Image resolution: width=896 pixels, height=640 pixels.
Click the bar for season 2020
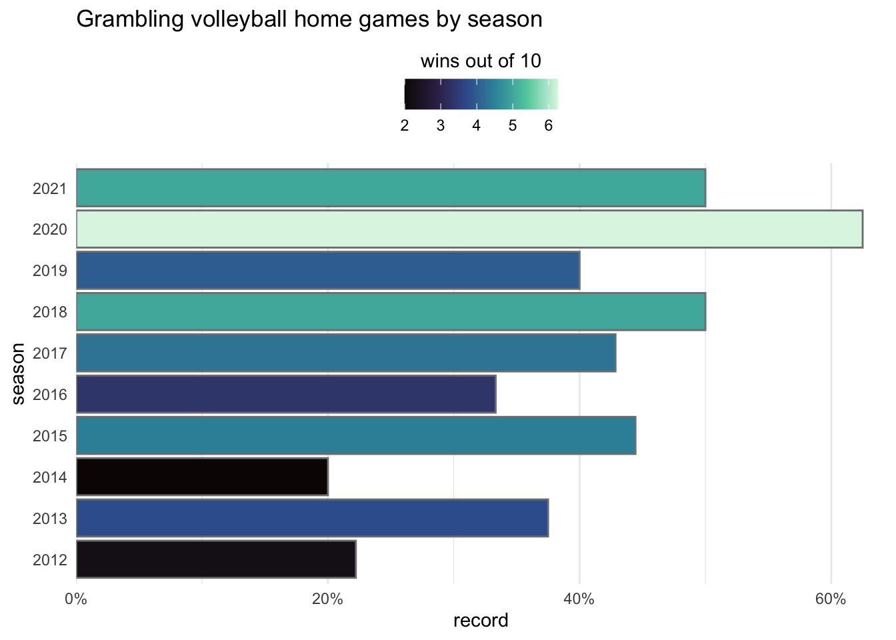pyautogui.click(x=469, y=229)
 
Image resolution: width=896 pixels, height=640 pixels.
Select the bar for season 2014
pyautogui.click(x=202, y=477)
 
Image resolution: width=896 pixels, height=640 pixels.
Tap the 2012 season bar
pyautogui.click(x=216, y=559)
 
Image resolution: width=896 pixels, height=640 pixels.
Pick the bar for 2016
pyautogui.click(x=286, y=394)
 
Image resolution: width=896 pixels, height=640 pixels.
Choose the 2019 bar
pyautogui.click(x=328, y=271)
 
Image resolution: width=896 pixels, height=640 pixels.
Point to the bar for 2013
pyautogui.click(x=312, y=518)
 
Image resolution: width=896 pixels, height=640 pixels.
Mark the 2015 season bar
pyautogui.click(x=356, y=436)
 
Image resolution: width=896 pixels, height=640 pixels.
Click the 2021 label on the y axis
pyautogui.click(x=50, y=189)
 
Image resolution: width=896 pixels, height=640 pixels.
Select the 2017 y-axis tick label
pyautogui.click(x=50, y=353)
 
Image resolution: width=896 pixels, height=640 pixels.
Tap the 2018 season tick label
pyautogui.click(x=50, y=312)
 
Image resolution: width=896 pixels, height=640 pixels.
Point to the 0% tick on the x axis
pyautogui.click(x=76, y=599)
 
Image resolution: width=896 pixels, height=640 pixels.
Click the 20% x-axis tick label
pyautogui.click(x=327, y=599)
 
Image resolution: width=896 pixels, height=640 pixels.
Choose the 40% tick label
pyautogui.click(x=579, y=599)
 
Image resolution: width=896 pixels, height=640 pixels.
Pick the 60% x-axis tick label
pyautogui.click(x=831, y=599)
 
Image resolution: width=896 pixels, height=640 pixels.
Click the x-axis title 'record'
pyautogui.click(x=481, y=621)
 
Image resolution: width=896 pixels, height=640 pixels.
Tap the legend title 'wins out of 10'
pyautogui.click(x=481, y=61)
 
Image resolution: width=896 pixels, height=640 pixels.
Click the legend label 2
pyautogui.click(x=405, y=125)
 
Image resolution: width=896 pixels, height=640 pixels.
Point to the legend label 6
pyautogui.click(x=548, y=125)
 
